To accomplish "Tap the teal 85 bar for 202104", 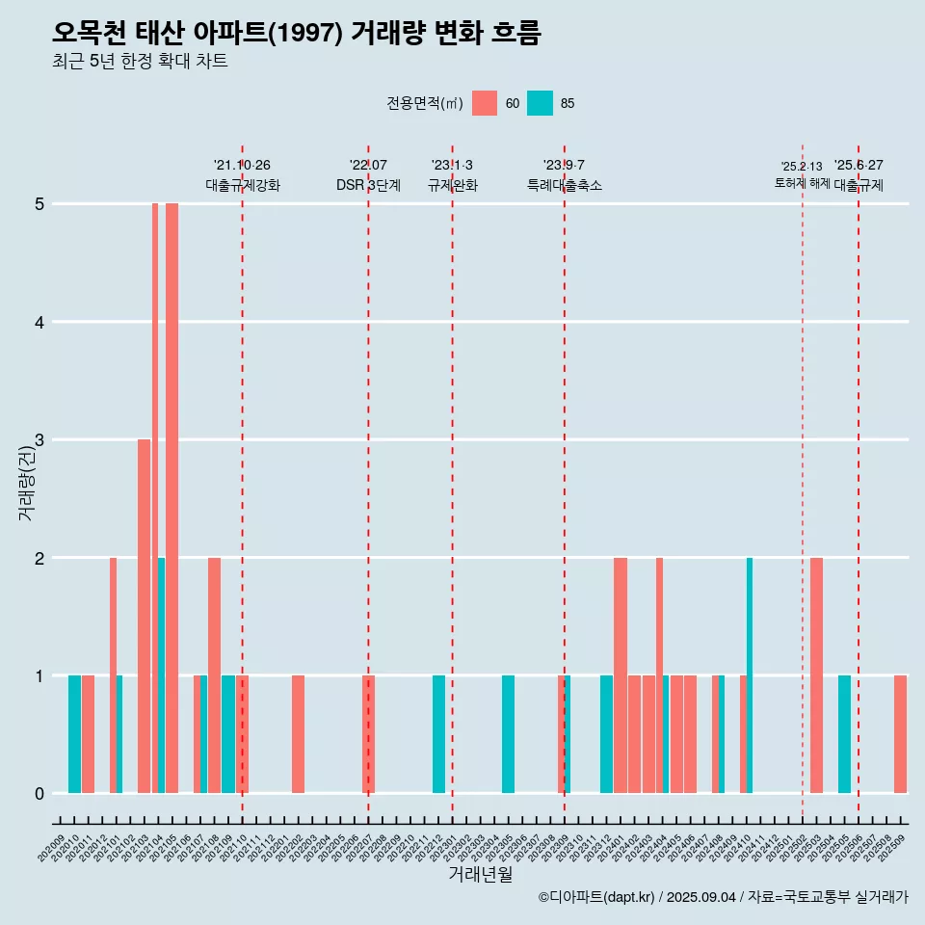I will [x=162, y=674].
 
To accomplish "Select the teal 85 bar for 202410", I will [x=750, y=674].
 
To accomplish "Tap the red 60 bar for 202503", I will [x=816, y=674].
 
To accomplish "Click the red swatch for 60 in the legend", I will [x=485, y=103].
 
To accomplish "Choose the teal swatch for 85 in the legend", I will [x=540, y=103].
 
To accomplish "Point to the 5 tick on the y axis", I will [x=40, y=204].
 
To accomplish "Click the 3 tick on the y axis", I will [x=40, y=440].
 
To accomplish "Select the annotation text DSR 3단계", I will [x=368, y=185].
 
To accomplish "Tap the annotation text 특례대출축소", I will [x=565, y=185].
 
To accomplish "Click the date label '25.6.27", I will [x=859, y=166].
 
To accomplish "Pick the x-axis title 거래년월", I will [x=480, y=874].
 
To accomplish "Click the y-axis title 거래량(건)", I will [x=26, y=487].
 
